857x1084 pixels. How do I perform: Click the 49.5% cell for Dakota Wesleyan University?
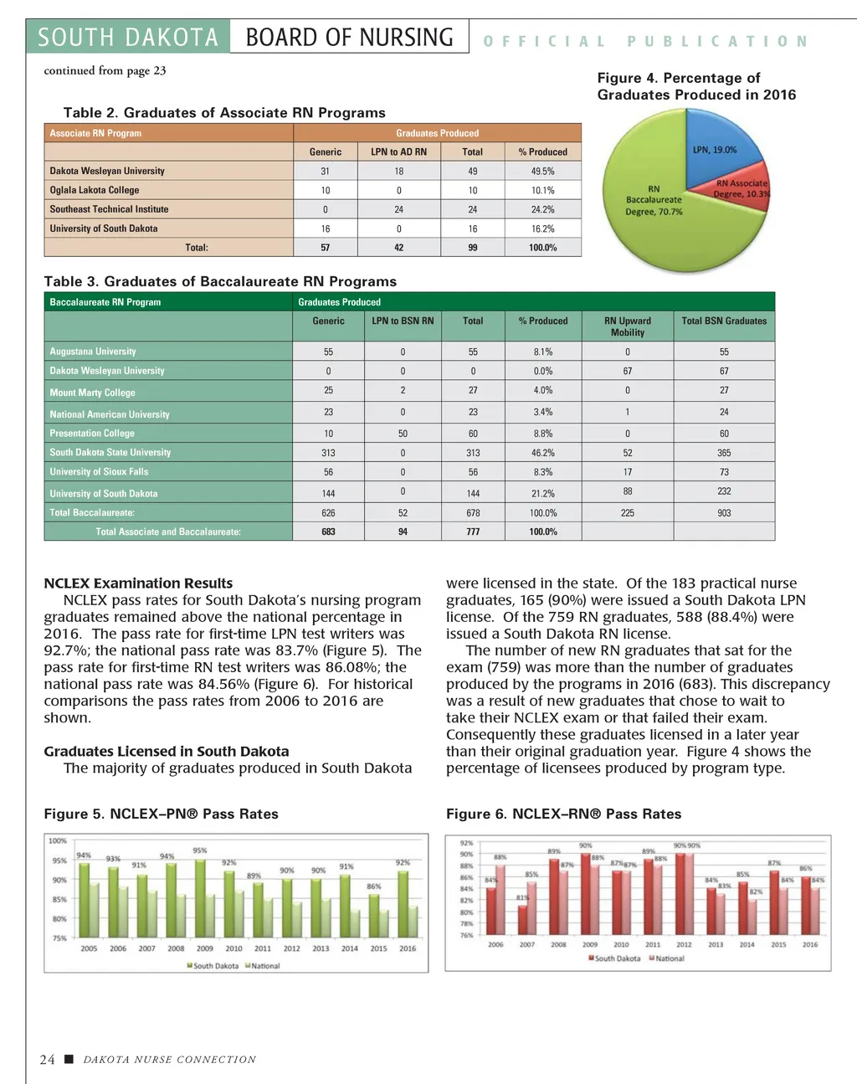pyautogui.click(x=542, y=172)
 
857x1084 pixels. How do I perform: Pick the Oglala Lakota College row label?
pyautogui.click(x=95, y=191)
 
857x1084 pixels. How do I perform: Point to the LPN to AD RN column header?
pyautogui.click(x=398, y=152)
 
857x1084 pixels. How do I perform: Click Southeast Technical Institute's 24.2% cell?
pyautogui.click(x=542, y=210)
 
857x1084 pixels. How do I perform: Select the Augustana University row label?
pyautogui.click(x=93, y=352)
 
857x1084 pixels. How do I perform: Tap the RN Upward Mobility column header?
pyautogui.click(x=627, y=326)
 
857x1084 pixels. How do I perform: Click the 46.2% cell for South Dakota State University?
pyautogui.click(x=543, y=453)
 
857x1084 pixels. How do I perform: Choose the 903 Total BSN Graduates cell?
pyautogui.click(x=724, y=513)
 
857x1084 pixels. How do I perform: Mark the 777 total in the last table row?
pyautogui.click(x=473, y=532)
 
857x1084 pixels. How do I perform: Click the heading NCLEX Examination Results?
pyautogui.click(x=138, y=583)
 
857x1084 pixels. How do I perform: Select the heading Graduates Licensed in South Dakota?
pyautogui.click(x=167, y=752)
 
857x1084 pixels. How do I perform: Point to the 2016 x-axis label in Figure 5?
pyautogui.click(x=407, y=949)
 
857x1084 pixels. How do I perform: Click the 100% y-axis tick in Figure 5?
pyautogui.click(x=58, y=841)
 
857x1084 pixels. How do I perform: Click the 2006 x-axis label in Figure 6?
pyautogui.click(x=495, y=945)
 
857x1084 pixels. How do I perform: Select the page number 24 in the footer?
pyautogui.click(x=48, y=1060)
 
